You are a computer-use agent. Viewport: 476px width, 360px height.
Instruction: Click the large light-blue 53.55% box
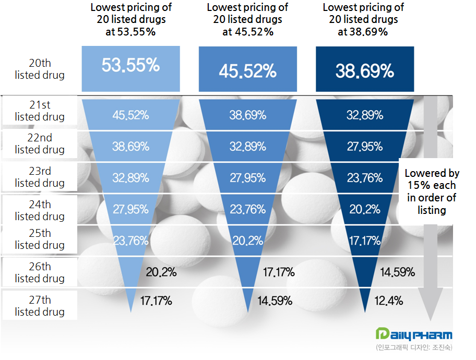(130, 67)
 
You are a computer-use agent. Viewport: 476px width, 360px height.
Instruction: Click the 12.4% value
(389, 301)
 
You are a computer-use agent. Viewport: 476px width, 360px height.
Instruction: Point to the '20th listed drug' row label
(40, 69)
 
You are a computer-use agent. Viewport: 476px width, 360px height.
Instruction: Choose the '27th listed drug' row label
(40, 306)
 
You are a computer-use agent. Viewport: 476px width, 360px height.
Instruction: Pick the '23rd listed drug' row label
(40, 177)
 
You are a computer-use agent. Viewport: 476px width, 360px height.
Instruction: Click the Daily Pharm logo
(414, 334)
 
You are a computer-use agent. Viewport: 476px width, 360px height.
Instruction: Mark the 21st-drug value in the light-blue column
(130, 115)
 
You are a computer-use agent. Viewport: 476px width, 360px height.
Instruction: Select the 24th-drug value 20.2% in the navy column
(365, 209)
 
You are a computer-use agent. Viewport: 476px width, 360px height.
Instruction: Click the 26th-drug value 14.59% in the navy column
(398, 272)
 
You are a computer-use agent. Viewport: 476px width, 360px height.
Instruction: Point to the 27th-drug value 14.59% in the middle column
(275, 301)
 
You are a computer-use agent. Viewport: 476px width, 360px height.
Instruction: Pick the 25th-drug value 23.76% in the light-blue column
(130, 240)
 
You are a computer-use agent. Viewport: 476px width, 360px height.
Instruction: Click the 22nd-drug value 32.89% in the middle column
(247, 147)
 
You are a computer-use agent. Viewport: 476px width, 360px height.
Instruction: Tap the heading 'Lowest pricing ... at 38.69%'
(363, 20)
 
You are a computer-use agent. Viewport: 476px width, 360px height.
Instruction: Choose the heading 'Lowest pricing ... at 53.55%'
(131, 20)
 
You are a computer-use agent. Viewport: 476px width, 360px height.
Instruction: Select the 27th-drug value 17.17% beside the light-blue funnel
(156, 301)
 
